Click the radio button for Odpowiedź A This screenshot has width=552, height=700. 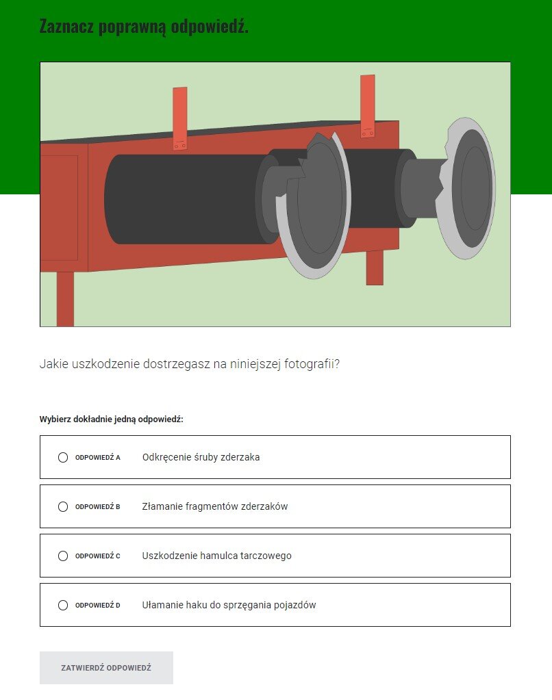pos(63,457)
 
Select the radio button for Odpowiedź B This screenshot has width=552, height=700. pos(63,506)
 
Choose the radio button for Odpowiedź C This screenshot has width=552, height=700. pos(63,556)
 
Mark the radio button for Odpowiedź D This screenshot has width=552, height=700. pos(63,605)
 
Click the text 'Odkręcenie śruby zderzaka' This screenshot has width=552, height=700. pos(201,457)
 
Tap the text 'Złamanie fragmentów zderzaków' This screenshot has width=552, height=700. pos(214,506)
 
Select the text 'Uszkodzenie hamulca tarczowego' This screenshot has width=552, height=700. pos(216,556)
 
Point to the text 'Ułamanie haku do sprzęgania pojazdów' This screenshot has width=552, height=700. pos(229,605)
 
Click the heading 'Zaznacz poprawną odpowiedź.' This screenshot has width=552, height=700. pos(144,27)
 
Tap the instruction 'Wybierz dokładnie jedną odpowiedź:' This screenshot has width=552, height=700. pos(111,419)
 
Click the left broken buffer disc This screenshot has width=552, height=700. pos(318,205)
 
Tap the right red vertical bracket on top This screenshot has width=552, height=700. pos(368,106)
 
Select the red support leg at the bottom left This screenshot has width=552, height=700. pos(65,298)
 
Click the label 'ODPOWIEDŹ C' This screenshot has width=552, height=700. pos(97,556)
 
